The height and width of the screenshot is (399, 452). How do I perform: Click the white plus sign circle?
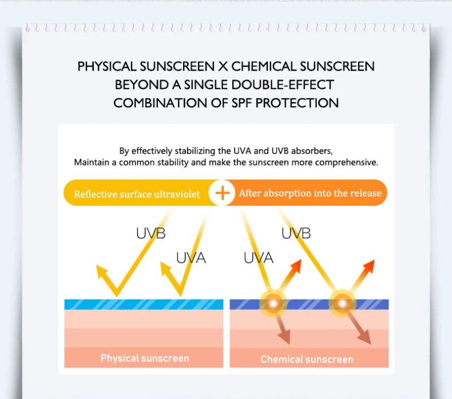(x=221, y=193)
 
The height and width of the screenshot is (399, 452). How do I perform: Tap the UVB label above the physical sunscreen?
(x=151, y=233)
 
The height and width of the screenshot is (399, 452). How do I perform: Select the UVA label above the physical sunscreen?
(x=191, y=258)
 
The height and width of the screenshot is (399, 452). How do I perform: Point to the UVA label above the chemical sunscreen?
(x=258, y=258)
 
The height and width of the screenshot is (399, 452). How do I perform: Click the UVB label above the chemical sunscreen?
(x=296, y=233)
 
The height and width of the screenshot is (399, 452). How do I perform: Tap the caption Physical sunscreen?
(x=145, y=358)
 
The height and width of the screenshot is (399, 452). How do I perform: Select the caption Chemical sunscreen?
(x=307, y=359)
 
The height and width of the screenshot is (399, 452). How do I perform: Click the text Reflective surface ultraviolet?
(x=137, y=194)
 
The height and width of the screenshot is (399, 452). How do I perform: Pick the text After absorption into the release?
(x=310, y=193)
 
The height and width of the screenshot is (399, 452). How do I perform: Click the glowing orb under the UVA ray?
(x=273, y=303)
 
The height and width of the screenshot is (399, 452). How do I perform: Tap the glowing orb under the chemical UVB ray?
(x=342, y=303)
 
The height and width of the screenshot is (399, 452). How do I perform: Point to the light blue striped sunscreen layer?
(x=144, y=305)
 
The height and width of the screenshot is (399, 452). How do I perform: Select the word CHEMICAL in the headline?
(x=263, y=67)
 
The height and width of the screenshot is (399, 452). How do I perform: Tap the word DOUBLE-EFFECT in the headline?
(x=282, y=85)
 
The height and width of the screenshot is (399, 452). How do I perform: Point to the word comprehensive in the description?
(x=346, y=163)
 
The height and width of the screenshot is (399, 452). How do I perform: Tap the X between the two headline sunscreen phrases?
(x=223, y=67)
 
